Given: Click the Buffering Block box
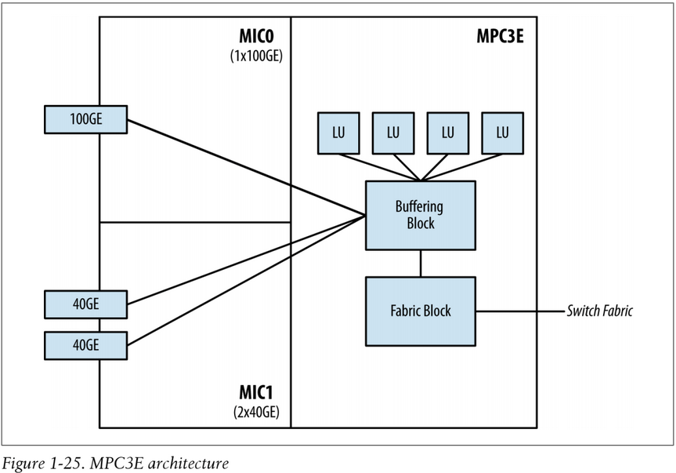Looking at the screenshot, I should pos(420,215).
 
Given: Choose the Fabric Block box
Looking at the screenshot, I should pos(420,311).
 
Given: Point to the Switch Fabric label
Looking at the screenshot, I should pos(599,311).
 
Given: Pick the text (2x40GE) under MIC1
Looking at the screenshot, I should pos(255,410).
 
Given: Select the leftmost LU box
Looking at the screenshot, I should pos(337,133).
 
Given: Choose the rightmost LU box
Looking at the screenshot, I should pos(501,133).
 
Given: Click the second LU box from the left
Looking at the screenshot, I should pos(392,133).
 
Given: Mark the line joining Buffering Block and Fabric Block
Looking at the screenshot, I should pos(421,263).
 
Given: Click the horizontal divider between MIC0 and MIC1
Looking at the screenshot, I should pos(195,223).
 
